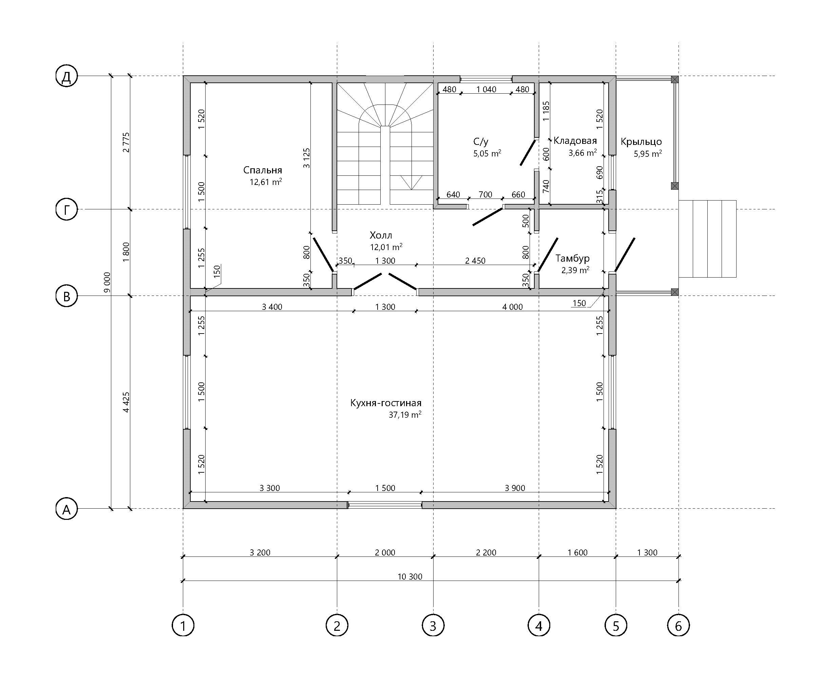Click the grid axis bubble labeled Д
coord(66,76)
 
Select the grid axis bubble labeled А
coord(66,509)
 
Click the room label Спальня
coord(263,170)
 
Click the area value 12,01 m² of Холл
coord(386,247)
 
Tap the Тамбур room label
coord(573,258)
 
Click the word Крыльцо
coord(641,142)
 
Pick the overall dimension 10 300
coord(410,577)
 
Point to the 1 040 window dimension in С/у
coord(486,89)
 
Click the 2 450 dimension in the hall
coord(475,261)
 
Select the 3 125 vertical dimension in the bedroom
coord(307,158)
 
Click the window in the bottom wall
coord(385,505)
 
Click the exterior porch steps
coord(707,239)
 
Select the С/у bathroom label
coord(481,141)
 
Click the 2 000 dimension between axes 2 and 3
coord(385,552)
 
